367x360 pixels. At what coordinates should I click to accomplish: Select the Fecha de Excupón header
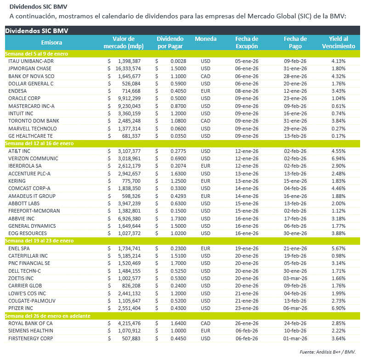pyautogui.click(x=247, y=43)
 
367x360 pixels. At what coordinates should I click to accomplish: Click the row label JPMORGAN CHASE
pyautogui.click(x=30, y=68)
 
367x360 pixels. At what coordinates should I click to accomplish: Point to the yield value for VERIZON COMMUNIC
pyautogui.click(x=338, y=158)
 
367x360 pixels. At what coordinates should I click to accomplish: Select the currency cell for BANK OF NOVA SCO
pyautogui.click(x=205, y=76)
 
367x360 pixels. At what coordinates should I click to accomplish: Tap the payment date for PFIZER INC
pyautogui.click(x=295, y=308)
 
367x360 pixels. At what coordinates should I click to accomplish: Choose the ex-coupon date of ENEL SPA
pyautogui.click(x=247, y=248)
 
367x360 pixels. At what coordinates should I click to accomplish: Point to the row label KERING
pyautogui.click(x=18, y=181)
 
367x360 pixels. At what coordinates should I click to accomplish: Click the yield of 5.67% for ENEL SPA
pyautogui.click(x=338, y=248)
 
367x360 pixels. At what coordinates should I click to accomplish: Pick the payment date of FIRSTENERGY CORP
pyautogui.click(x=295, y=338)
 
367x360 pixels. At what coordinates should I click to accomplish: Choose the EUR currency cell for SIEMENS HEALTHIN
pyautogui.click(x=205, y=330)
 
